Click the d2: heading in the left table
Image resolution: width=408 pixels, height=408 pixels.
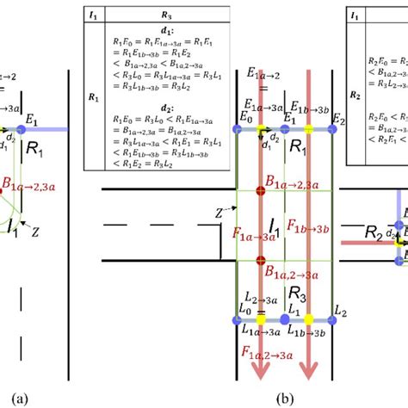140,120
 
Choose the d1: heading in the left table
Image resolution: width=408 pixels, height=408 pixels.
140,33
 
